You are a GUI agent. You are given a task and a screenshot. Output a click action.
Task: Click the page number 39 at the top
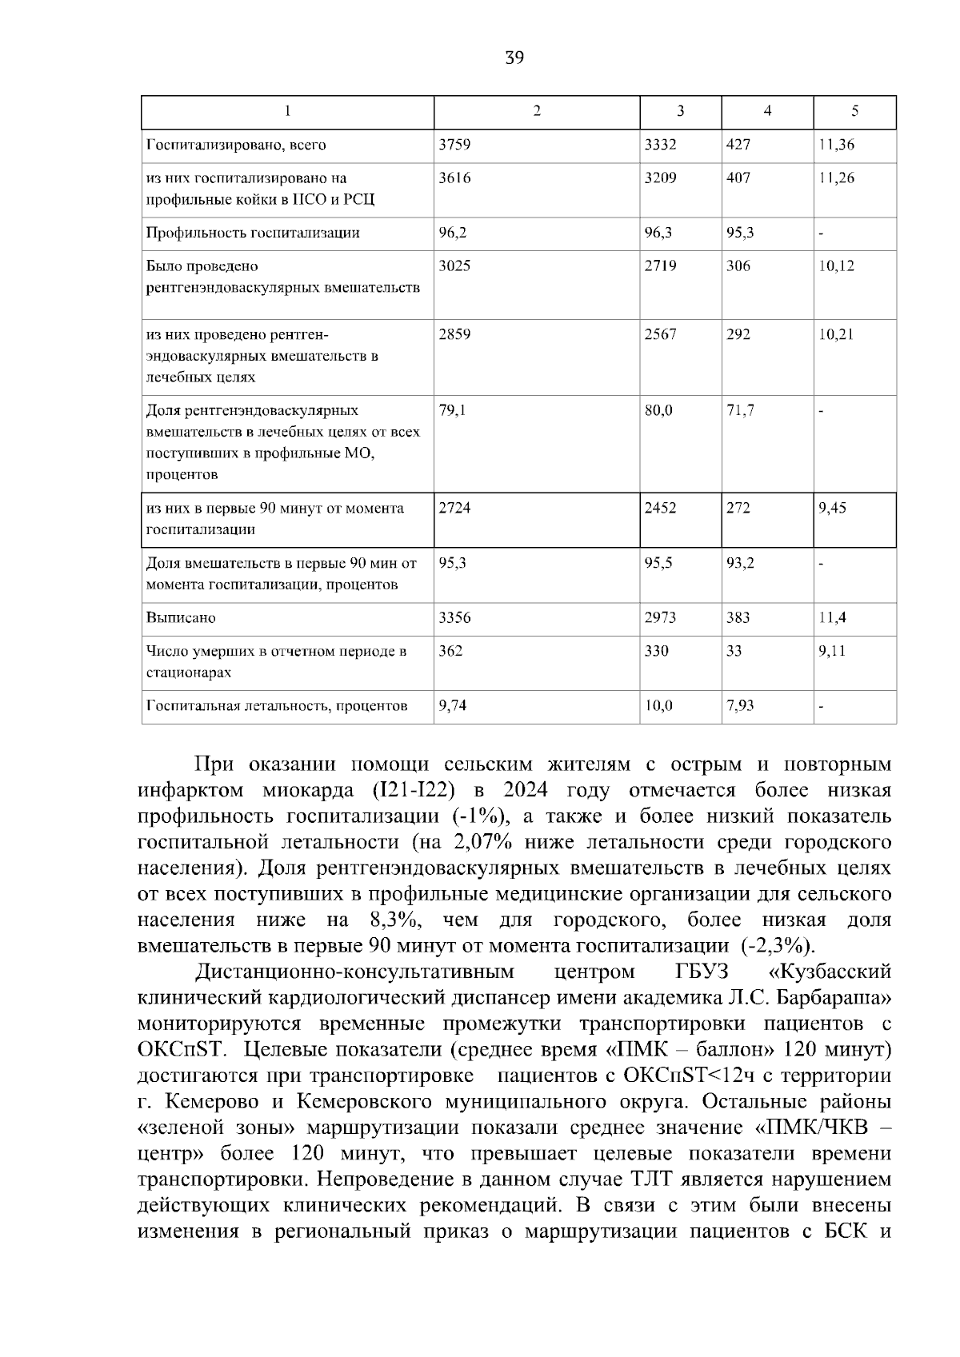tap(514, 58)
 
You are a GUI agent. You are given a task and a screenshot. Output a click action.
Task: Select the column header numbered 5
tap(854, 112)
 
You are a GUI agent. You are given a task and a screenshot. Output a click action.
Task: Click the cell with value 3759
tap(454, 145)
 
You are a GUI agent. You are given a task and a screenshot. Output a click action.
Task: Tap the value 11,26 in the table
tap(836, 178)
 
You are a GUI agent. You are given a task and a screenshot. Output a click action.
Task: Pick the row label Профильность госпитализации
tap(253, 233)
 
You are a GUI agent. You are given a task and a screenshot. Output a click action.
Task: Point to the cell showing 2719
tap(660, 265)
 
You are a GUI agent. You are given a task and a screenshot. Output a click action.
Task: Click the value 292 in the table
tap(738, 334)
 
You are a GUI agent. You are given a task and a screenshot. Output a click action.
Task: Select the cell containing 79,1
tap(451, 410)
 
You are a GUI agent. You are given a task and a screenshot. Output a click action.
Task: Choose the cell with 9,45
tap(832, 508)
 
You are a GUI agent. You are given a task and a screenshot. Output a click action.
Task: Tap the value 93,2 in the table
tap(740, 562)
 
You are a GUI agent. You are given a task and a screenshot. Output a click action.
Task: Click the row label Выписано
tap(181, 617)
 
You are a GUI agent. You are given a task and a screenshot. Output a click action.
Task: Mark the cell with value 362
tap(450, 650)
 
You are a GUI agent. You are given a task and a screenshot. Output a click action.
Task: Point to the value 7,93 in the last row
tap(740, 705)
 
